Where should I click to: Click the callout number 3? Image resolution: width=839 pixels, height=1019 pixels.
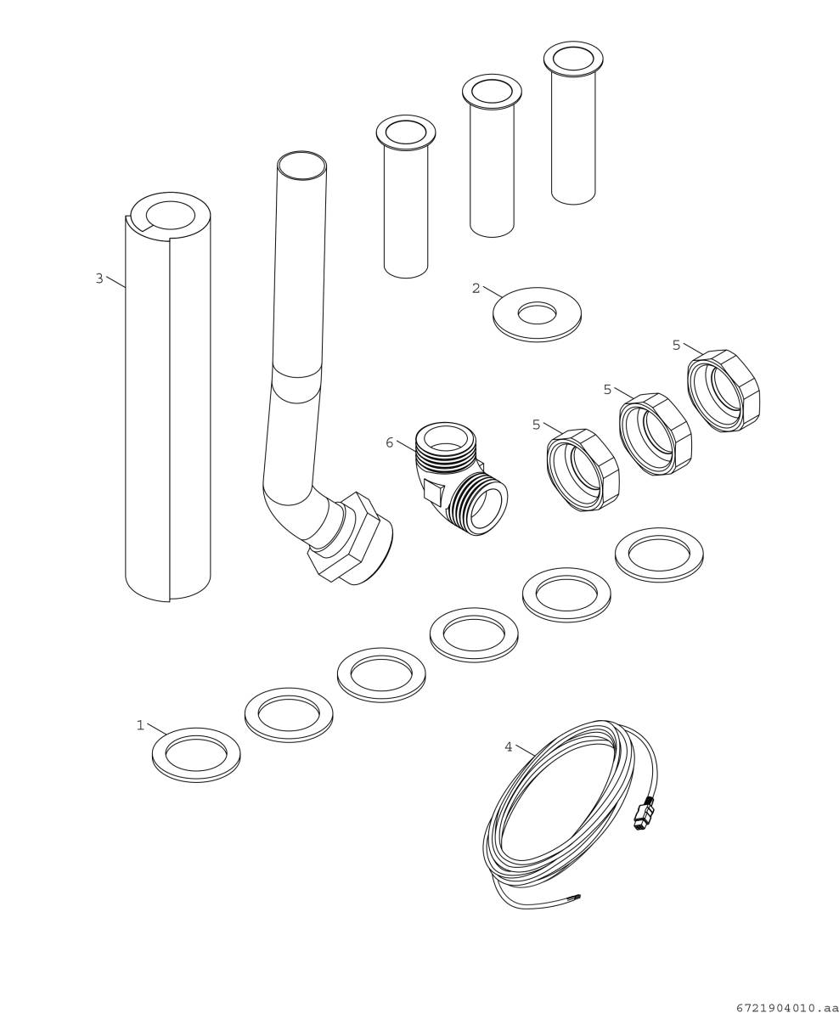99,279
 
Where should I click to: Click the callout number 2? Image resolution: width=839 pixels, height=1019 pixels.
476,289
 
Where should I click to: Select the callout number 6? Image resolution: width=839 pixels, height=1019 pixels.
390,442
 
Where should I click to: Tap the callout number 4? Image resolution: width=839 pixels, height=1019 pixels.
509,747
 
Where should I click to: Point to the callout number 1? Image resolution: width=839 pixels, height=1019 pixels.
140,725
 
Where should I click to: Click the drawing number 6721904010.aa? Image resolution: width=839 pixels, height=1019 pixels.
786,1008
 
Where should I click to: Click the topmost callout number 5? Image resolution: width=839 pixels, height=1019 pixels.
676,346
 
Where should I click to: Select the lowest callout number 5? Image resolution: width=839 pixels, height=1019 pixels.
536,425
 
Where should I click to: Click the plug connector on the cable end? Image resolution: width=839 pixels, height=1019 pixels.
644,813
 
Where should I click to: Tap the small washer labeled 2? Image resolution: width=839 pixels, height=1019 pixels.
537,314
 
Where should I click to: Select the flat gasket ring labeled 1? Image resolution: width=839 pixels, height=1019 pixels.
196,754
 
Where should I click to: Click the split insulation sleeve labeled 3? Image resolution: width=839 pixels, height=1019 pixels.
167,408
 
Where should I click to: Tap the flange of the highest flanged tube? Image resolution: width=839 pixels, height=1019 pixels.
573,59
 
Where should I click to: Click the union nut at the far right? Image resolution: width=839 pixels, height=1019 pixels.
724,391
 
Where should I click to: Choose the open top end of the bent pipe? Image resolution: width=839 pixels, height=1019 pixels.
301,166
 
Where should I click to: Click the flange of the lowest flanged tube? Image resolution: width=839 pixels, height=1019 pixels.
406,132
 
